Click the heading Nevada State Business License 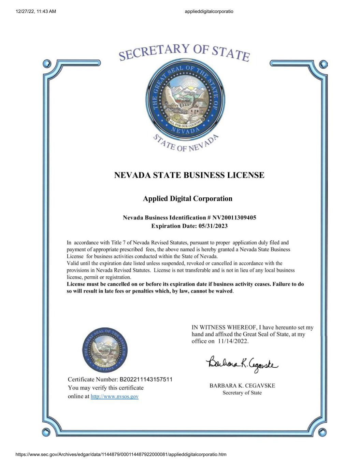189,175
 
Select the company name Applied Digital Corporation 187,199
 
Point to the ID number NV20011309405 234,217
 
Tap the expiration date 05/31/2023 213,226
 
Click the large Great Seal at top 186,97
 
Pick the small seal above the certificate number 105,350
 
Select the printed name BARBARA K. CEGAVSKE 242,386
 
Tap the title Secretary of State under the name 242,393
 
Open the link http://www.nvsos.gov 114,396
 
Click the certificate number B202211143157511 146,379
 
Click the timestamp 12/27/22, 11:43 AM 36,11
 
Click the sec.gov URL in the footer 121,454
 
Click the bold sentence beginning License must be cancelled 185,287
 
